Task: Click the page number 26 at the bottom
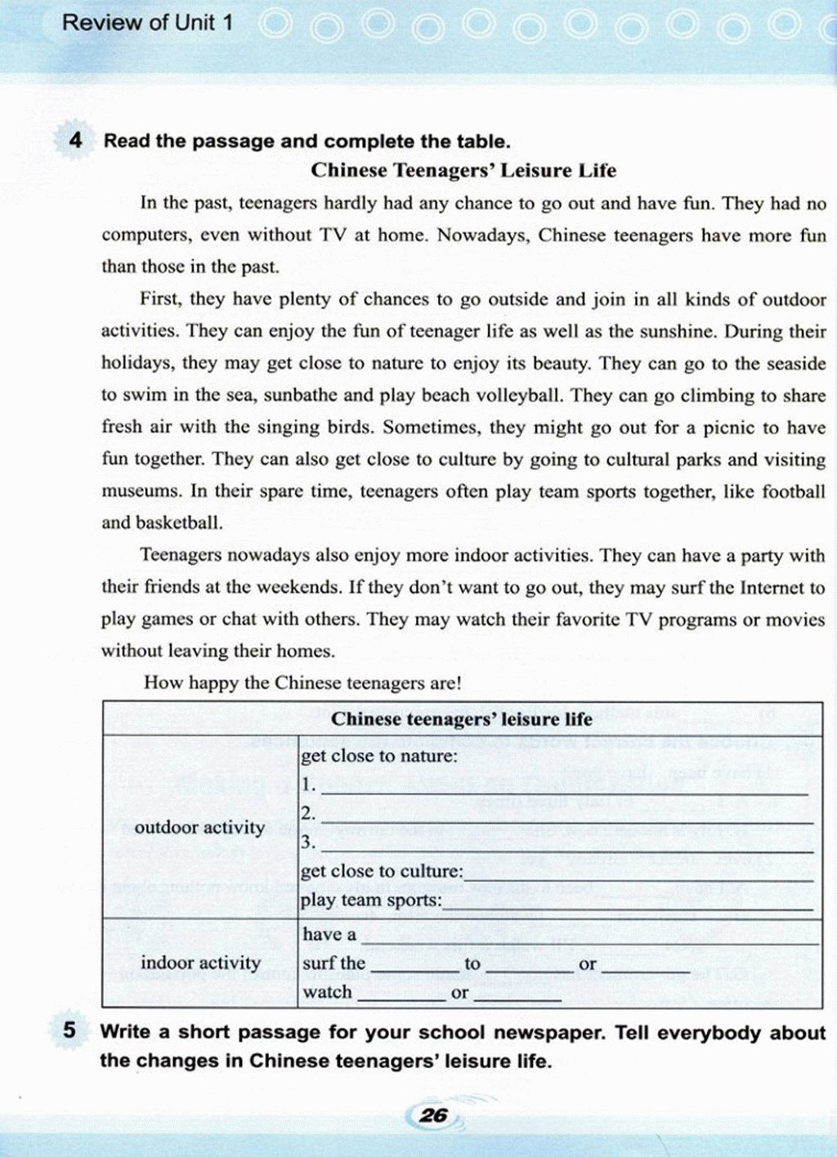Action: pos(433,1114)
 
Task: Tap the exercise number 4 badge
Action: pos(75,140)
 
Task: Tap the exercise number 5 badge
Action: pos(69,1030)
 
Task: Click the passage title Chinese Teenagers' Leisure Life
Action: pos(463,170)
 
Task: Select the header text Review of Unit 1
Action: pos(147,22)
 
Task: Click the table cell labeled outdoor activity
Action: pos(199,827)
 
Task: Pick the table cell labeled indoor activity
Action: pos(200,962)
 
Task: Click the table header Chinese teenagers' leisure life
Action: pos(461,719)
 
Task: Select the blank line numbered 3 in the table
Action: pos(564,846)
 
